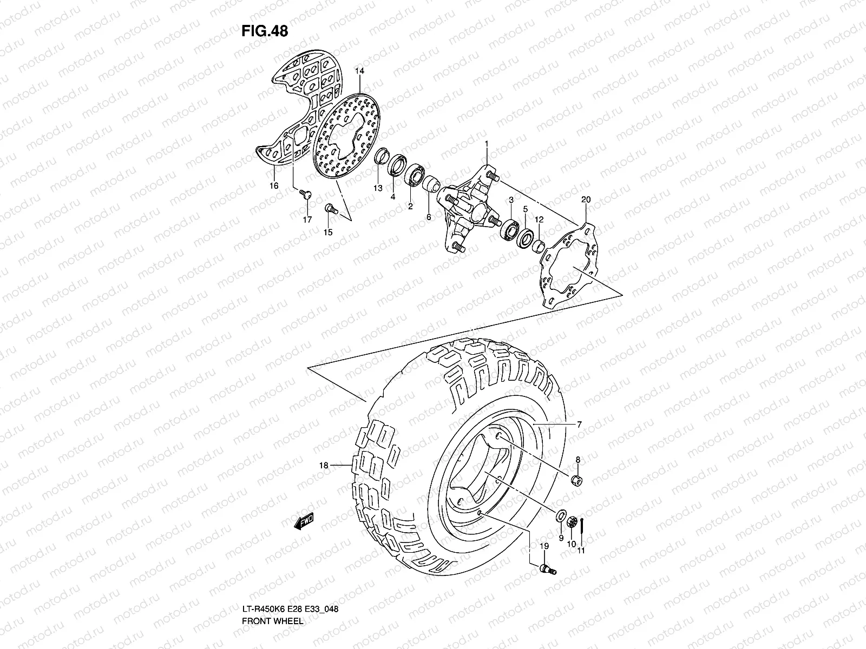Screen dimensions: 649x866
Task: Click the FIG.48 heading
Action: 265,31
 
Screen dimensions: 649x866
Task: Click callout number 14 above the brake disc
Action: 359,71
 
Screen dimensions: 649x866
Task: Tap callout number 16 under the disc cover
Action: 274,186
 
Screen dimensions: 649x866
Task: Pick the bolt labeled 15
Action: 330,208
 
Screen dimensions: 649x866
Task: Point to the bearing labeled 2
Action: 416,175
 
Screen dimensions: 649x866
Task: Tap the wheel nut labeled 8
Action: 578,480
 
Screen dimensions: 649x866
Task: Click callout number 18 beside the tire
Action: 324,465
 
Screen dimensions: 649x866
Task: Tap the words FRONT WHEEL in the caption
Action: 272,591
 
